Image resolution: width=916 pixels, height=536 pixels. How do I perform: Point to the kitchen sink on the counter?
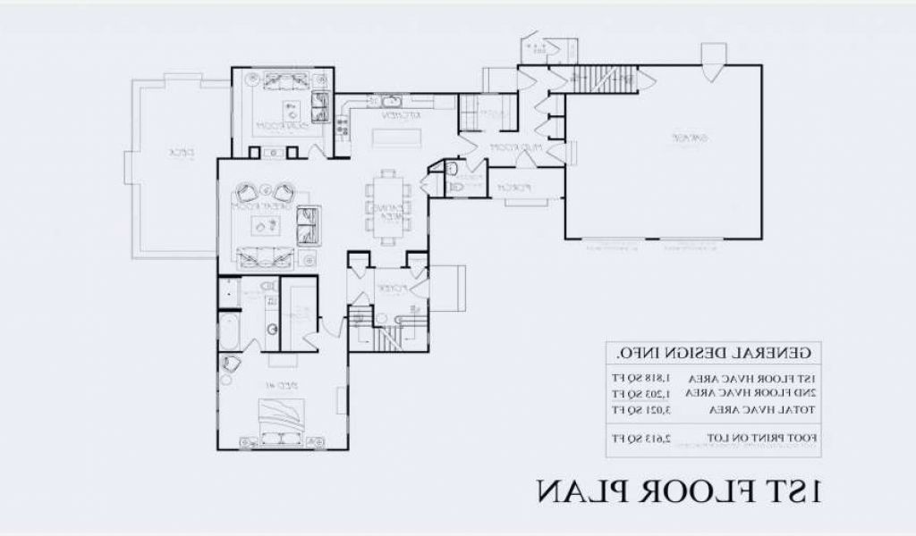click(390, 101)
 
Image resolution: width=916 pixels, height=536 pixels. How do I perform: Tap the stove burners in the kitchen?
click(342, 130)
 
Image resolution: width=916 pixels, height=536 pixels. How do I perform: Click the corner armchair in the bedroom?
click(232, 363)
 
